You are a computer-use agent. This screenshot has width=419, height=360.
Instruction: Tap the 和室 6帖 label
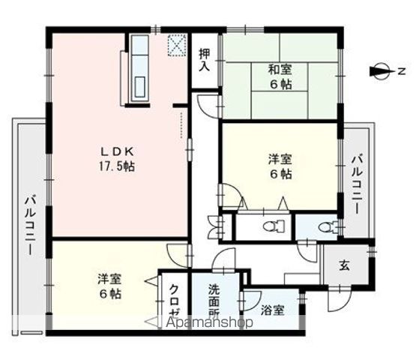(x=281, y=77)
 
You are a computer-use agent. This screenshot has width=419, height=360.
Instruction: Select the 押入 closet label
(x=204, y=59)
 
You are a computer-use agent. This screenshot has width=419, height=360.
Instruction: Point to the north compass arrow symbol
(x=380, y=72)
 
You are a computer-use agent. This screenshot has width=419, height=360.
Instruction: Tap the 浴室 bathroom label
(x=273, y=310)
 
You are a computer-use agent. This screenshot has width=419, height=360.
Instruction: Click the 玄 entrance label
(x=343, y=264)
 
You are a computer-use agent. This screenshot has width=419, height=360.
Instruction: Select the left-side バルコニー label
(x=29, y=225)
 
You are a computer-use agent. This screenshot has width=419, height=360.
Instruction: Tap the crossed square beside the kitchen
(x=177, y=46)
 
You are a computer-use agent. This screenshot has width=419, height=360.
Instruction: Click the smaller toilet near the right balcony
(x=325, y=225)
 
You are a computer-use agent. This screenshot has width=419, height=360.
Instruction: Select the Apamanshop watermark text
(x=214, y=322)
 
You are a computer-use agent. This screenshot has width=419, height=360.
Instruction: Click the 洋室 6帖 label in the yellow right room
(x=280, y=166)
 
